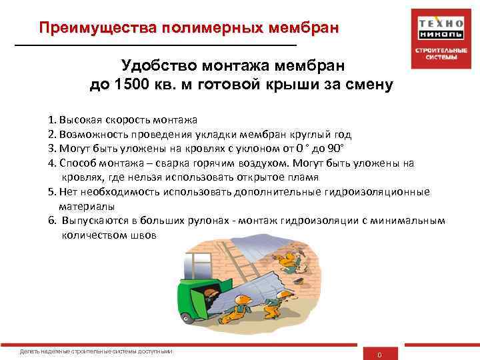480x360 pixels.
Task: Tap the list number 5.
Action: pyautogui.click(x=51, y=192)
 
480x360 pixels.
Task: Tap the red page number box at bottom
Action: pyautogui.click(x=379, y=353)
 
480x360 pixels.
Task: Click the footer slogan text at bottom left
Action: pyautogui.click(x=97, y=351)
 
